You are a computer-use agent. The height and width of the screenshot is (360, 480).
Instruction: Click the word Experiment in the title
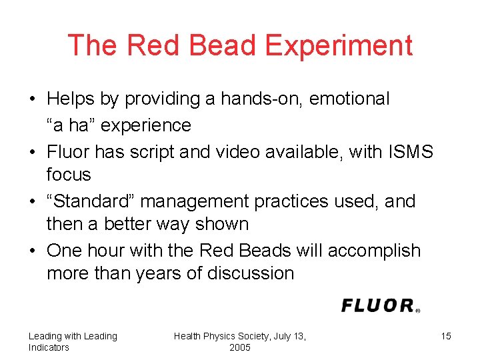point(339,45)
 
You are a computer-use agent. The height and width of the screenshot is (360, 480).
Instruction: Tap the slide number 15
point(446,336)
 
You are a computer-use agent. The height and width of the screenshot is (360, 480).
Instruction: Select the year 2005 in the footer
point(240,347)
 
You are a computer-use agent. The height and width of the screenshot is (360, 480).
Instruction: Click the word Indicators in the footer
point(49,347)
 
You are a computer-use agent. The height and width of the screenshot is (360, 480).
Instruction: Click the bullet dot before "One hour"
point(32,251)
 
